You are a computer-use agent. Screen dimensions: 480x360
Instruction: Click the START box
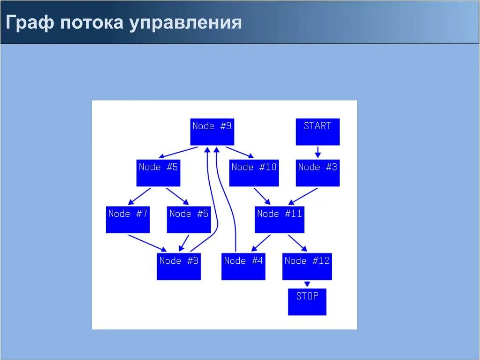pos(317,131)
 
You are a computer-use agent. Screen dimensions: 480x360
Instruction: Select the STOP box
pos(307,302)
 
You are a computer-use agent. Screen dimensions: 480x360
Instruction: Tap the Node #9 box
pos(212,131)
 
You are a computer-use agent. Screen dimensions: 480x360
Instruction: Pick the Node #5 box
pos(158,173)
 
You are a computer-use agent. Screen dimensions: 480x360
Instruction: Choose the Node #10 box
pos(254,173)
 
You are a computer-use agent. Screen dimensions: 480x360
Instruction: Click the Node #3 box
pos(317,173)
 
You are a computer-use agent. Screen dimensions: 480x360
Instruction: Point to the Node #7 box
pos(128,220)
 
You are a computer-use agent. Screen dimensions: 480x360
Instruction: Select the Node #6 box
pos(189,220)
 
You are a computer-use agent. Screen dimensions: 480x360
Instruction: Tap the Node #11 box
pos(279,220)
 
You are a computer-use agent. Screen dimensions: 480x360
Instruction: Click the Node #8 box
pos(178,267)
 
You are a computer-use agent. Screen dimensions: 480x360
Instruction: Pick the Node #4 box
pos(243,267)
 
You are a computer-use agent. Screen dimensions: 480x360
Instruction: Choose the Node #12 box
pos(307,267)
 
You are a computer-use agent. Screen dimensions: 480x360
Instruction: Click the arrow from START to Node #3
pos(318,152)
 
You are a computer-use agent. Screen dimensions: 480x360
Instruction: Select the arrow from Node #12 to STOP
pos(307,284)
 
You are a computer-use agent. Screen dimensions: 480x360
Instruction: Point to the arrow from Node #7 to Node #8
pos(147,242)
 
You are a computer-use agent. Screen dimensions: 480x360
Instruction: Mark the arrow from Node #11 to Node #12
pos(297,243)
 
